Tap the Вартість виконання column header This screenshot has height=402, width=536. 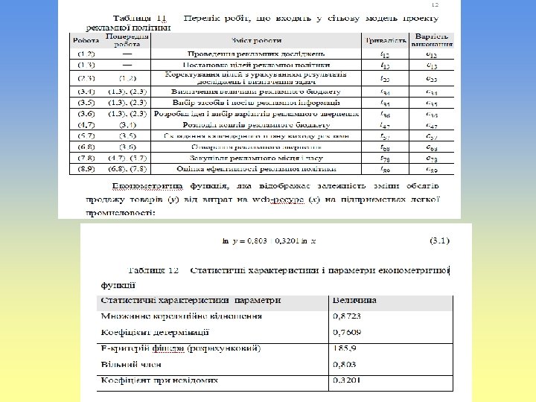431,40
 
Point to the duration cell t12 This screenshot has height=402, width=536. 384,54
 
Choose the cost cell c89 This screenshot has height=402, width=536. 431,170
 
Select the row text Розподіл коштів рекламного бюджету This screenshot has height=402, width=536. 258,125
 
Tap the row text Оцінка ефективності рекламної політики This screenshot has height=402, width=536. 258,170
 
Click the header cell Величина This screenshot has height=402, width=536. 354,301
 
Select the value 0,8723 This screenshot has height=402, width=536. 347,316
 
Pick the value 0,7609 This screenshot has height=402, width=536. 347,332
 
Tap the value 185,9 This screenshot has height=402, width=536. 344,348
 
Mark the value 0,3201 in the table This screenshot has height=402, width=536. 347,380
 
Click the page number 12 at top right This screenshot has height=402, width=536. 435,4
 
